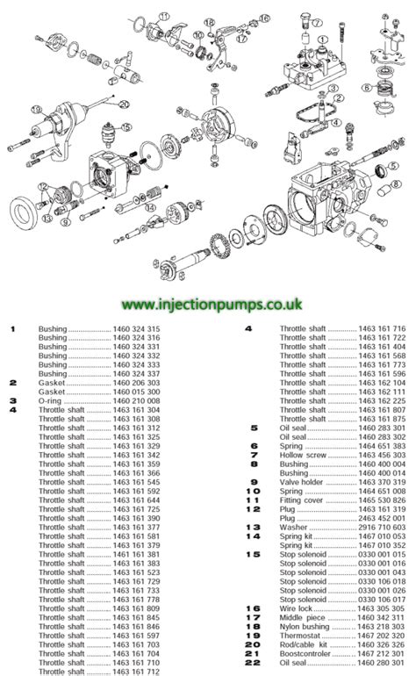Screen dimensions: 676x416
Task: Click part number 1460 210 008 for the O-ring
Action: [135, 399]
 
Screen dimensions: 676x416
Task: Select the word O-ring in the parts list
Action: [49, 399]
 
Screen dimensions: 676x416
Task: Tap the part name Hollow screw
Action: [299, 455]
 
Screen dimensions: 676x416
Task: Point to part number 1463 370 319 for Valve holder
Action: [380, 482]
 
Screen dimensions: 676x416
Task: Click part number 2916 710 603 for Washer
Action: [380, 528]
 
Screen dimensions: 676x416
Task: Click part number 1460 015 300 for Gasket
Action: [135, 391]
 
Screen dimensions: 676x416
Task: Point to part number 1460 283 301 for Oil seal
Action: [380, 428]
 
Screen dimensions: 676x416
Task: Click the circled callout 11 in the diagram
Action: [164, 17]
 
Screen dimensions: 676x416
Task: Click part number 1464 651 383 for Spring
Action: [380, 446]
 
